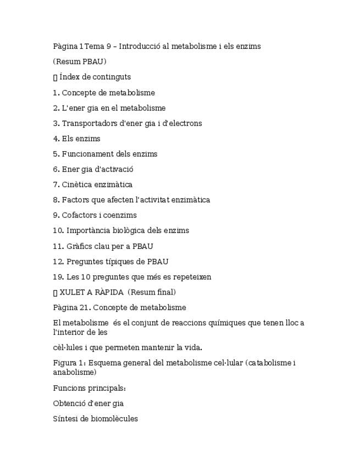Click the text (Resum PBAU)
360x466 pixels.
point(80,62)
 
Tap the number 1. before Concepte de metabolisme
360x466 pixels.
point(56,93)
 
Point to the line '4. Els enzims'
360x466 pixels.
point(76,139)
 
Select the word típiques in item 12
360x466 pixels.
point(115,262)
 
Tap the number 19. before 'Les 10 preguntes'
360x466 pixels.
point(59,277)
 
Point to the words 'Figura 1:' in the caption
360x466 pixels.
point(69,363)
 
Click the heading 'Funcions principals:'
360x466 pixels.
point(90,389)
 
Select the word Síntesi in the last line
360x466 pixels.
point(64,419)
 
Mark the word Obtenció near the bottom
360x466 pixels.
point(70,404)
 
